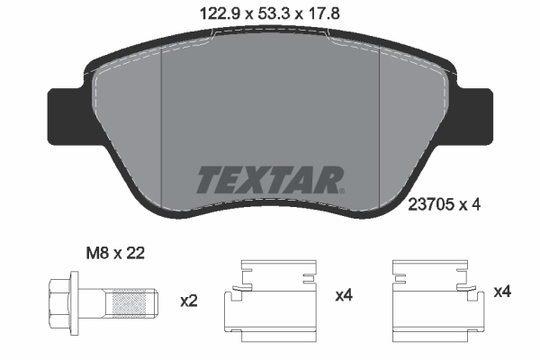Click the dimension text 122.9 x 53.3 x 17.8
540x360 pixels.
[x=269, y=13]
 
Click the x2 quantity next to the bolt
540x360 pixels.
[x=188, y=301]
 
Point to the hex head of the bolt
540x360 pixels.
[x=59, y=301]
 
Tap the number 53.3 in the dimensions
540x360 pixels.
[x=269, y=13]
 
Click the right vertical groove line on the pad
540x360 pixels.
[x=379, y=126]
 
